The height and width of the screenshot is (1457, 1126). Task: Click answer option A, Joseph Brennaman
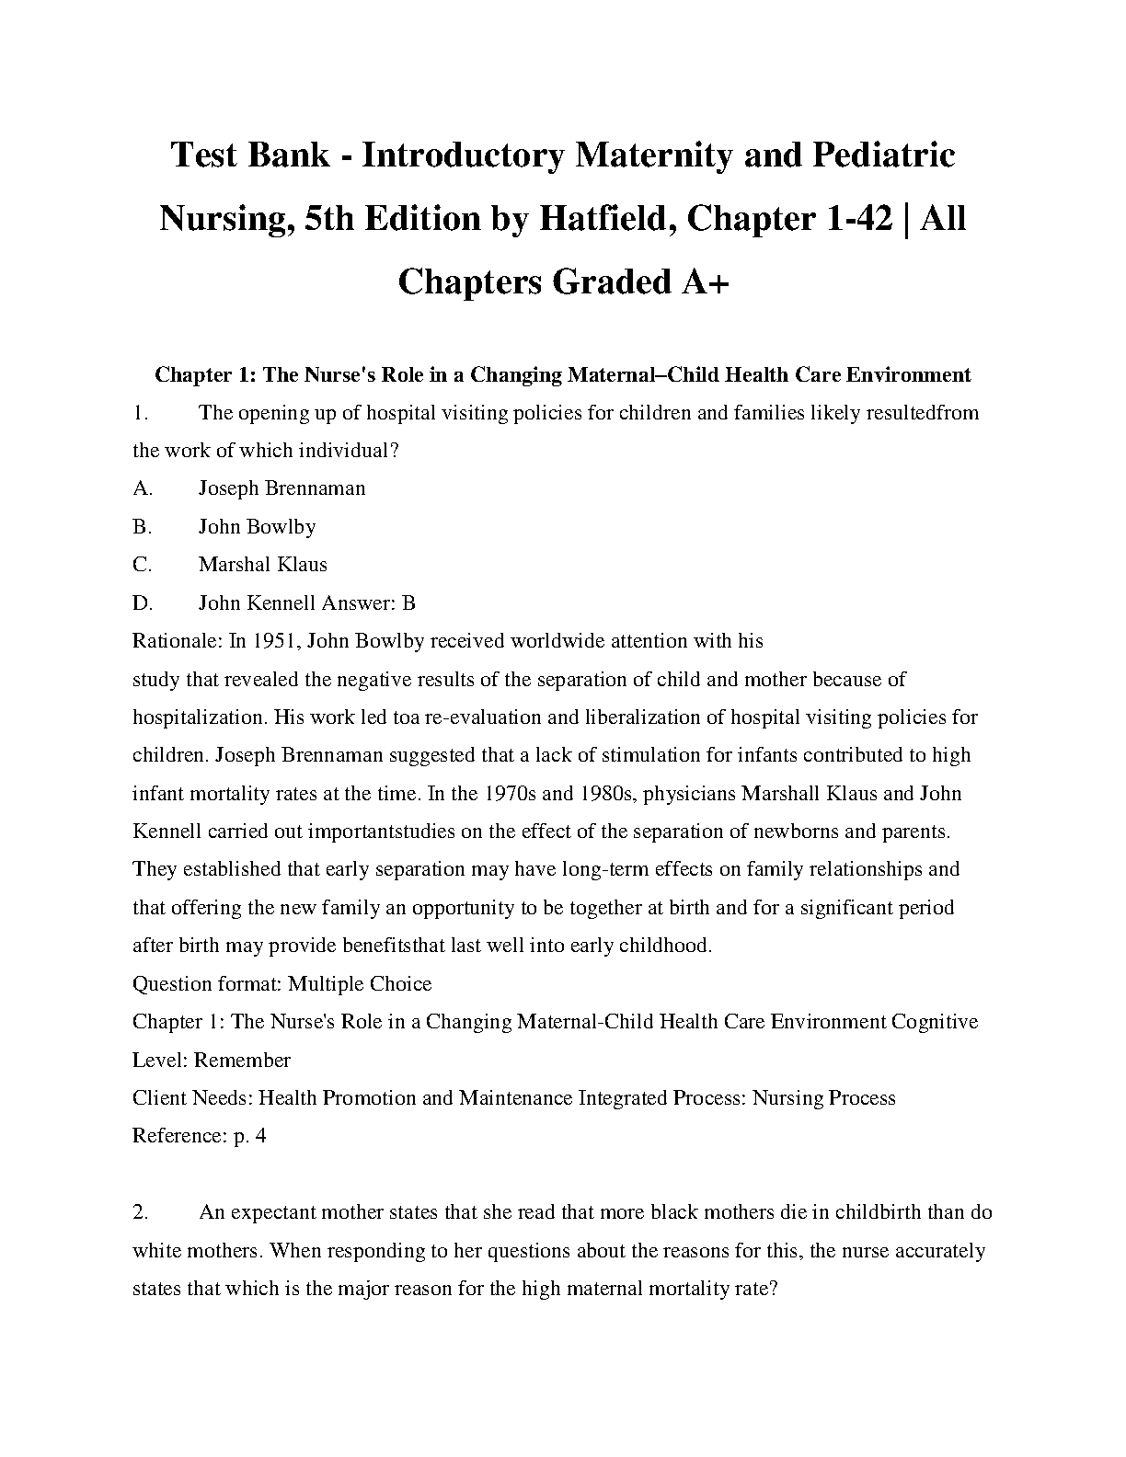click(281, 488)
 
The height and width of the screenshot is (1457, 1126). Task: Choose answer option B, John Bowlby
click(257, 527)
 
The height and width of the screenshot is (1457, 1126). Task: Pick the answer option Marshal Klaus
click(262, 565)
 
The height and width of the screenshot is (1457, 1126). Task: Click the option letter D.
click(142, 603)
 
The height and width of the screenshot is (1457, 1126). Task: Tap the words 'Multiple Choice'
click(360, 984)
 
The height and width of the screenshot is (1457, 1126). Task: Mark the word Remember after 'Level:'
click(243, 1061)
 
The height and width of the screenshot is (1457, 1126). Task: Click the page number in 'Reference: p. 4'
click(260, 1136)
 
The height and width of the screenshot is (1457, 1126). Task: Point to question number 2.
click(140, 1212)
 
